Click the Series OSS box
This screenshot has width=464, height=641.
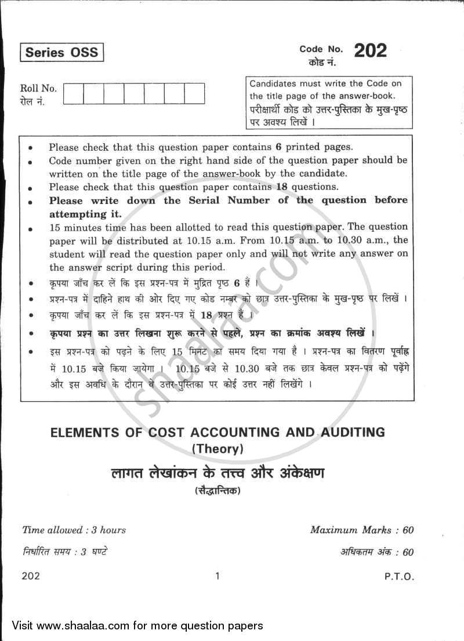coord(61,53)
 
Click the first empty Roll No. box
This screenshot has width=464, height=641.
coord(74,93)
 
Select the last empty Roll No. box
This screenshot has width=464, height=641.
coord(194,93)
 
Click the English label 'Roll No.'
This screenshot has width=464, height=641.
coord(38,89)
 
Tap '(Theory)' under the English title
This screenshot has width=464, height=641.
coord(216,447)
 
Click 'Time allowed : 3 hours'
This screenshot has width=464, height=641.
coord(74,530)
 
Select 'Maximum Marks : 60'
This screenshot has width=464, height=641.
coord(361,530)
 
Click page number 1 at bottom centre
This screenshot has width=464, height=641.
coord(217,576)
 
